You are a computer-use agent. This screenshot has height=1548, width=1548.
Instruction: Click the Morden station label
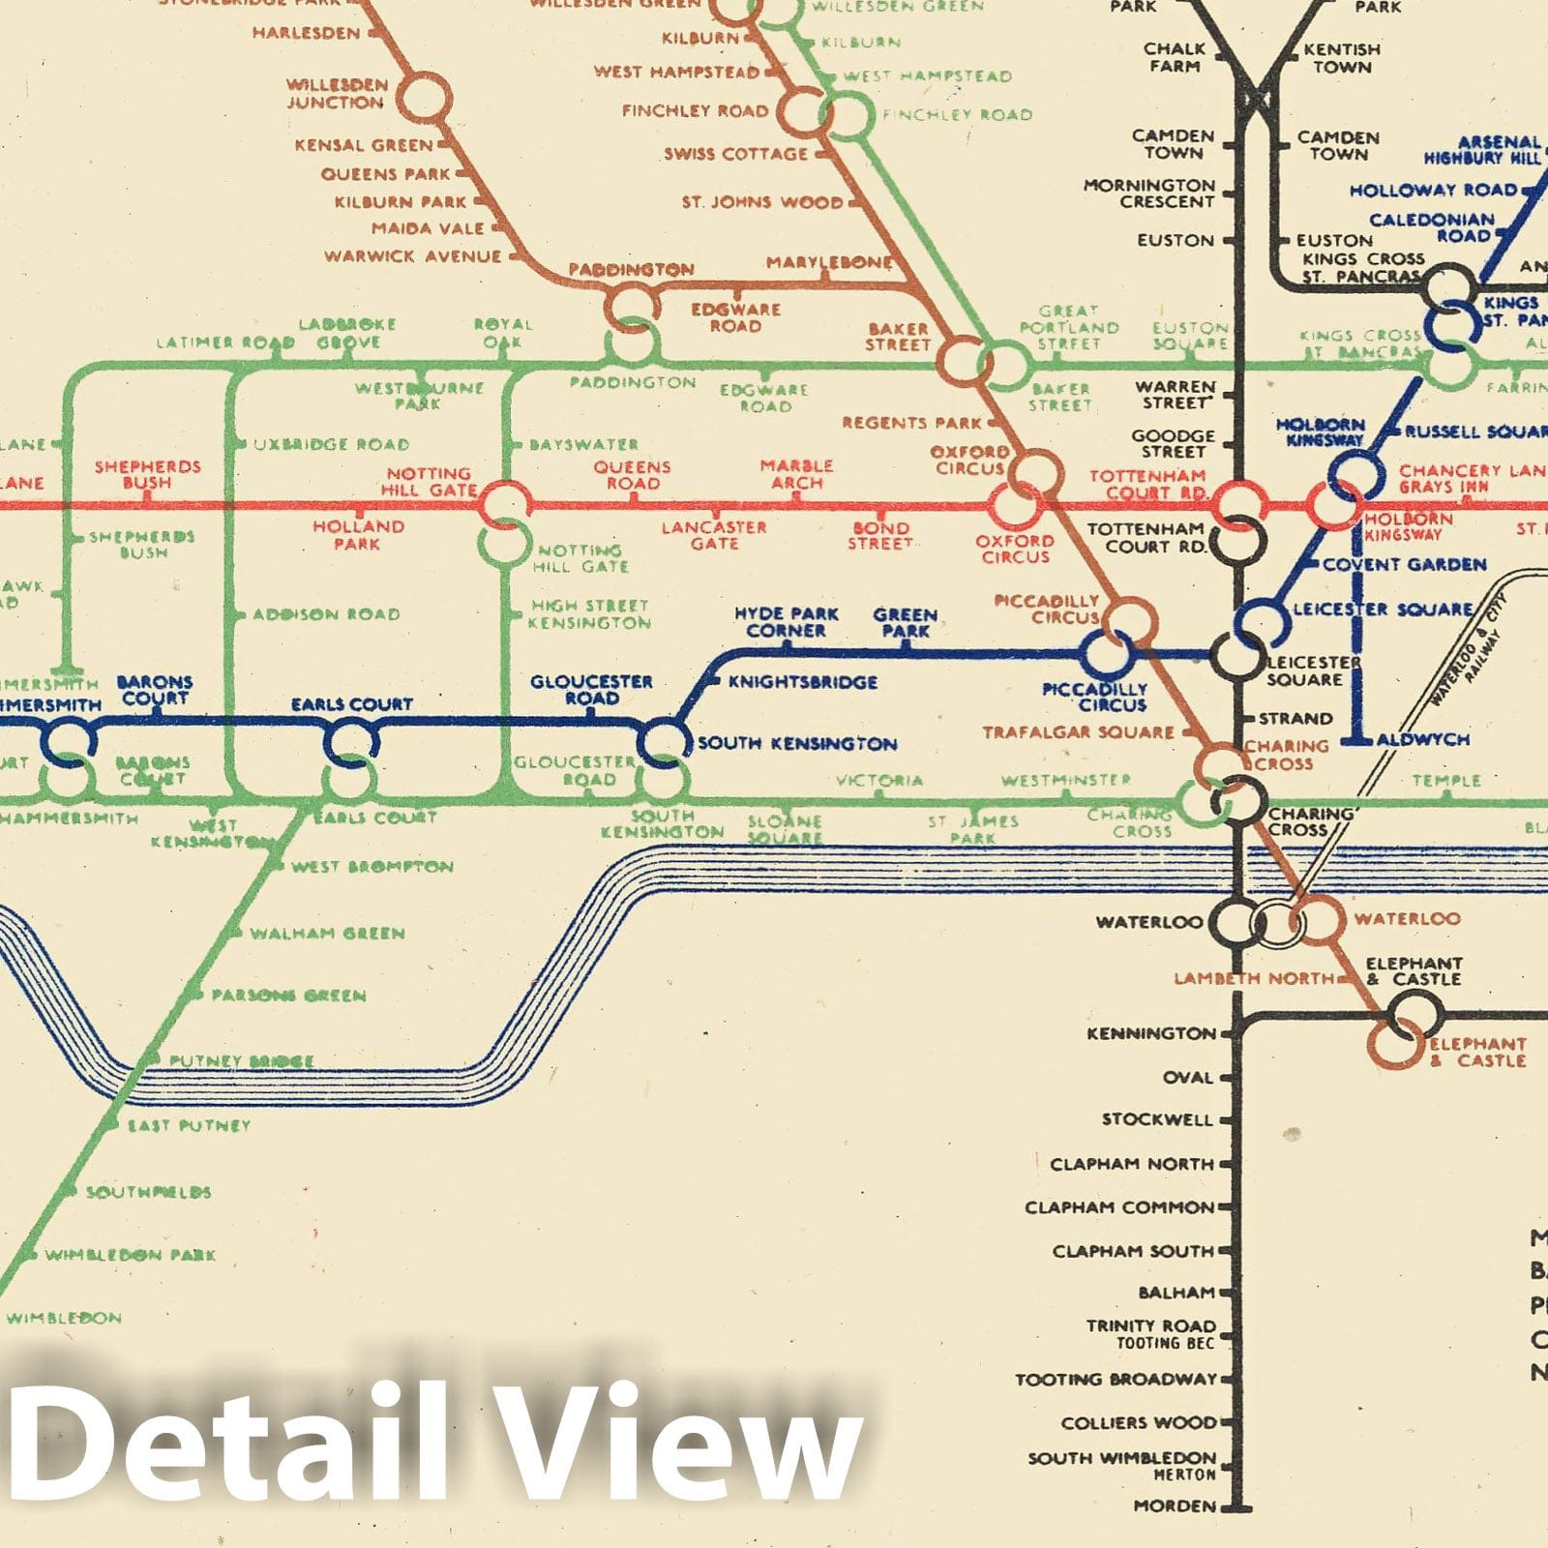(1175, 1506)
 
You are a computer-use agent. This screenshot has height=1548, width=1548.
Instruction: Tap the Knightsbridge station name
(802, 682)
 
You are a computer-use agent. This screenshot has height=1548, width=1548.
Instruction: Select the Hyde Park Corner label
(786, 622)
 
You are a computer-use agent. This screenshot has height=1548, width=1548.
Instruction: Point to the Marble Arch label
(796, 474)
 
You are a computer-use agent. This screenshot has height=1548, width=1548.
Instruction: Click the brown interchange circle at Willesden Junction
(423, 98)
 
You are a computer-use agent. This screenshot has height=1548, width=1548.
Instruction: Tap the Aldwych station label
(1422, 740)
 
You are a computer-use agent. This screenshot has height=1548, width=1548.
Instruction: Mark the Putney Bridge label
(241, 1061)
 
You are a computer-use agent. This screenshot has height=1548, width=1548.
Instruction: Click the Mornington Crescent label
(1149, 193)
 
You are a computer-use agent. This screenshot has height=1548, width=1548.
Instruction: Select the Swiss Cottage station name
(735, 154)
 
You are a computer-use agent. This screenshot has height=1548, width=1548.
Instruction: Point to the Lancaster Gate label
(714, 535)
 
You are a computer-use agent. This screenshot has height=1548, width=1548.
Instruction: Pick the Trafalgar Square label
(1078, 732)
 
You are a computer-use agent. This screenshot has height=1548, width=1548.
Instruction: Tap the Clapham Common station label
(1118, 1207)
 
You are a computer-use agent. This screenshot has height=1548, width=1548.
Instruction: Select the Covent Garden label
(1404, 564)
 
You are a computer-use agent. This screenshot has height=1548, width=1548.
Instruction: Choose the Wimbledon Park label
(130, 1255)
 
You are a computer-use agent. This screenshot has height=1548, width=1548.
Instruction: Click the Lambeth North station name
(1254, 979)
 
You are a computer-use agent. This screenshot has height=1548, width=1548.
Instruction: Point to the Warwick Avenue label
(412, 256)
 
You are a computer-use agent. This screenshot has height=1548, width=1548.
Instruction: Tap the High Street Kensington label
(589, 614)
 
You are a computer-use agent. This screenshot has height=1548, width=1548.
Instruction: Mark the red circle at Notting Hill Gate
(504, 504)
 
